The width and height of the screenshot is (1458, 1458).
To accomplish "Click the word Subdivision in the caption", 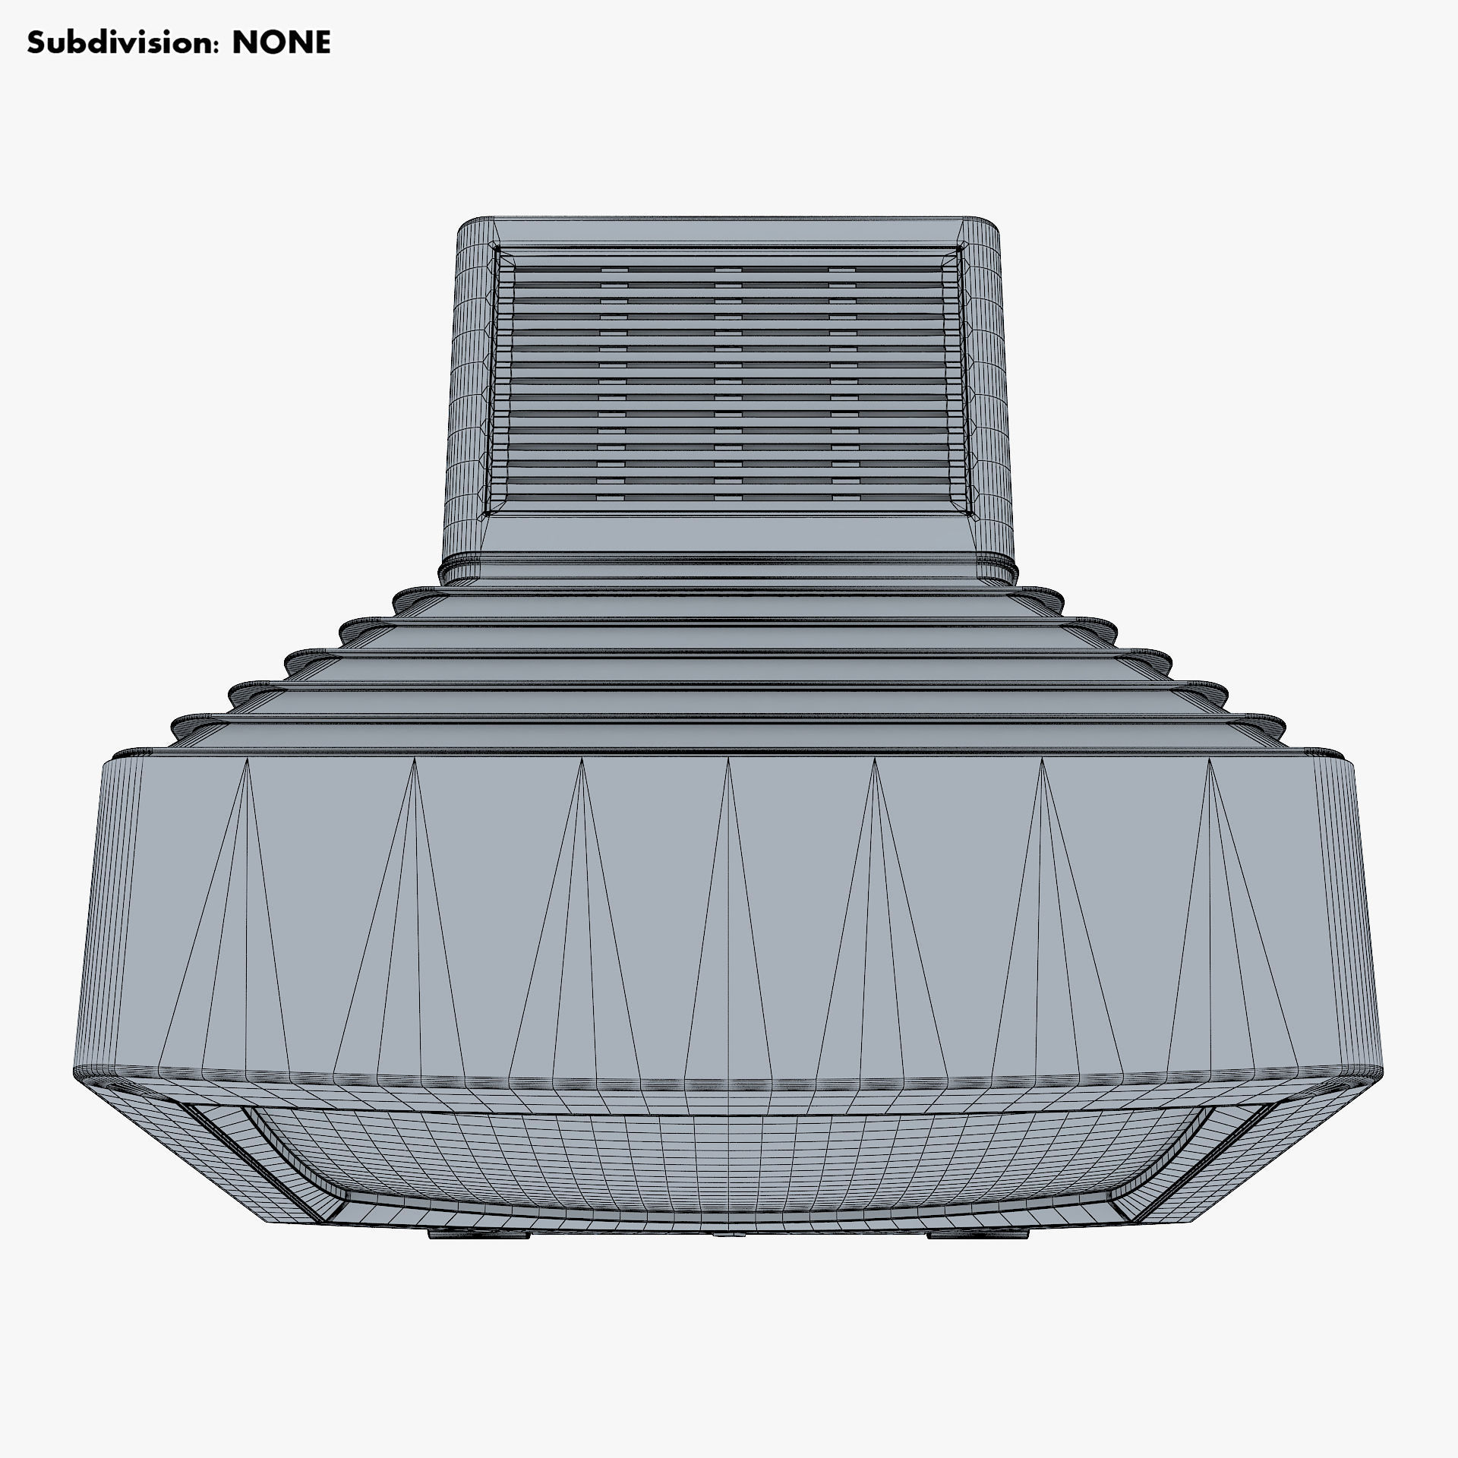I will pyautogui.click(x=118, y=43).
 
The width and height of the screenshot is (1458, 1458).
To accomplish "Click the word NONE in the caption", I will pyautogui.click(x=281, y=43).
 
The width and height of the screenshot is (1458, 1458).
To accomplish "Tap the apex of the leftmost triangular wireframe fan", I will pyautogui.click(x=247, y=760).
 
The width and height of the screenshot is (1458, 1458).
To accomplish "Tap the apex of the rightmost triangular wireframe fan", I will pyautogui.click(x=1210, y=760).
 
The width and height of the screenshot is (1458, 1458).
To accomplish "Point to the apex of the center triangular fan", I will pyautogui.click(x=728, y=759).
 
